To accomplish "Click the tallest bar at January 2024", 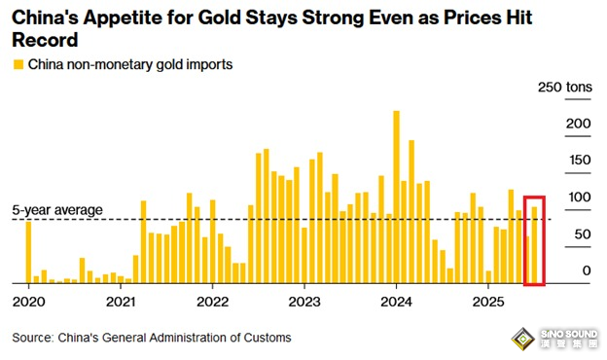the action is pos(397,198).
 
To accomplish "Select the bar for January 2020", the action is pos(28,252).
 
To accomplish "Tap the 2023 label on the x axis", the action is pos(304,302).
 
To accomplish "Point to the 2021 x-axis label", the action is pos(121,302).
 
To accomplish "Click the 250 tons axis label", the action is pos(565,88).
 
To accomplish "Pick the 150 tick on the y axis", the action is pos(580,160).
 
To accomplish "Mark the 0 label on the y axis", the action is pos(587,270).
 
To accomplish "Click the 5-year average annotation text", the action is pos(57,210).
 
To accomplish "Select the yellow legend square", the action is pos(18,64).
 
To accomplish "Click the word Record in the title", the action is pos(45,40).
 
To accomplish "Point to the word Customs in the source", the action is pos(267,338).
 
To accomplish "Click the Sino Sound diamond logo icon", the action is pos(523,340).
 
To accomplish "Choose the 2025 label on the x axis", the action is pos(488,302).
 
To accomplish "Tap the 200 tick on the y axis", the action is pos(579,124).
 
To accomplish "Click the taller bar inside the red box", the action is pos(535,245).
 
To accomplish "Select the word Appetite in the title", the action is pos(123,18).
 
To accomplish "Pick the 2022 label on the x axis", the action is pos(212,302).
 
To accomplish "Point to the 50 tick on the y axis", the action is pos(583,234).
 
